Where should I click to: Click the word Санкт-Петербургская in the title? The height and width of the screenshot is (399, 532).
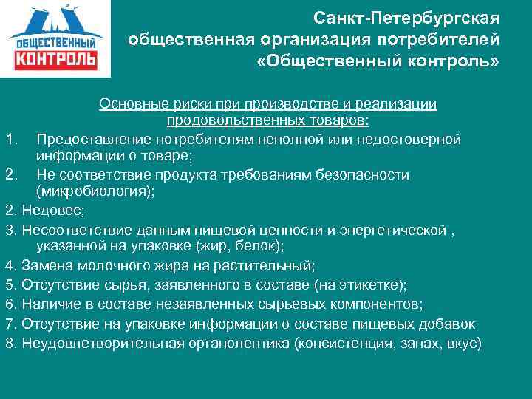point(406,17)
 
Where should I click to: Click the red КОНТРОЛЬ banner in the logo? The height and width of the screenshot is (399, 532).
point(55,58)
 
